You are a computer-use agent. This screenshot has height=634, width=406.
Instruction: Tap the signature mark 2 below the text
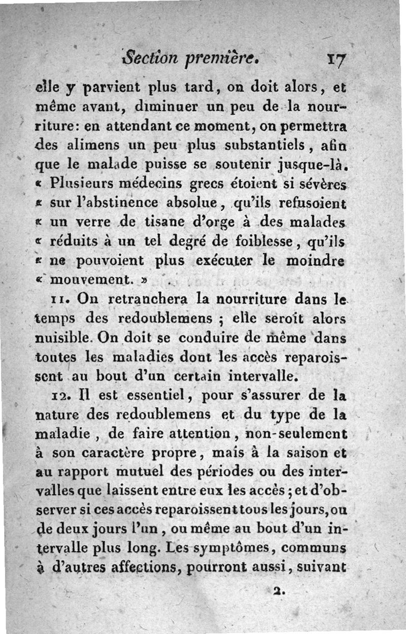point(277,591)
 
